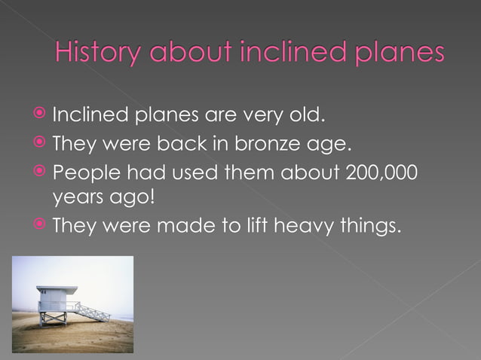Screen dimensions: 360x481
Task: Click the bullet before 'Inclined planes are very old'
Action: pos(41,116)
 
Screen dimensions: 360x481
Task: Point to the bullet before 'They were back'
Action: pos(41,141)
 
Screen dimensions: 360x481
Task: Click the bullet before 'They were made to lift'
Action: pos(41,224)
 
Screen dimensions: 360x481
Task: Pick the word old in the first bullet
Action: pos(309,116)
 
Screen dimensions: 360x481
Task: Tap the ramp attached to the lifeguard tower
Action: pos(93,311)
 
